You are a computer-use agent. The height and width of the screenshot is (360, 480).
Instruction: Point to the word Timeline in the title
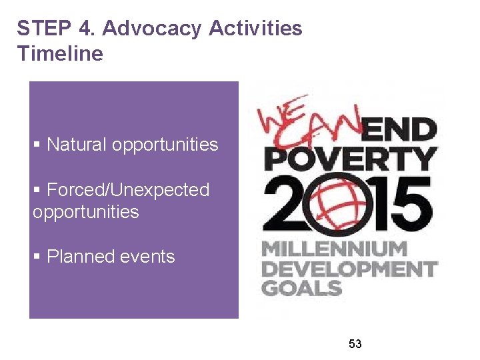(60, 53)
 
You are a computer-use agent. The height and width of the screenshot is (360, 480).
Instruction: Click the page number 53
(355, 344)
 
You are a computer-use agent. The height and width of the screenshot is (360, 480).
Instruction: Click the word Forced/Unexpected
(128, 190)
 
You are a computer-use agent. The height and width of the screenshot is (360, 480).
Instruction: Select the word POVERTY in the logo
(351, 159)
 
